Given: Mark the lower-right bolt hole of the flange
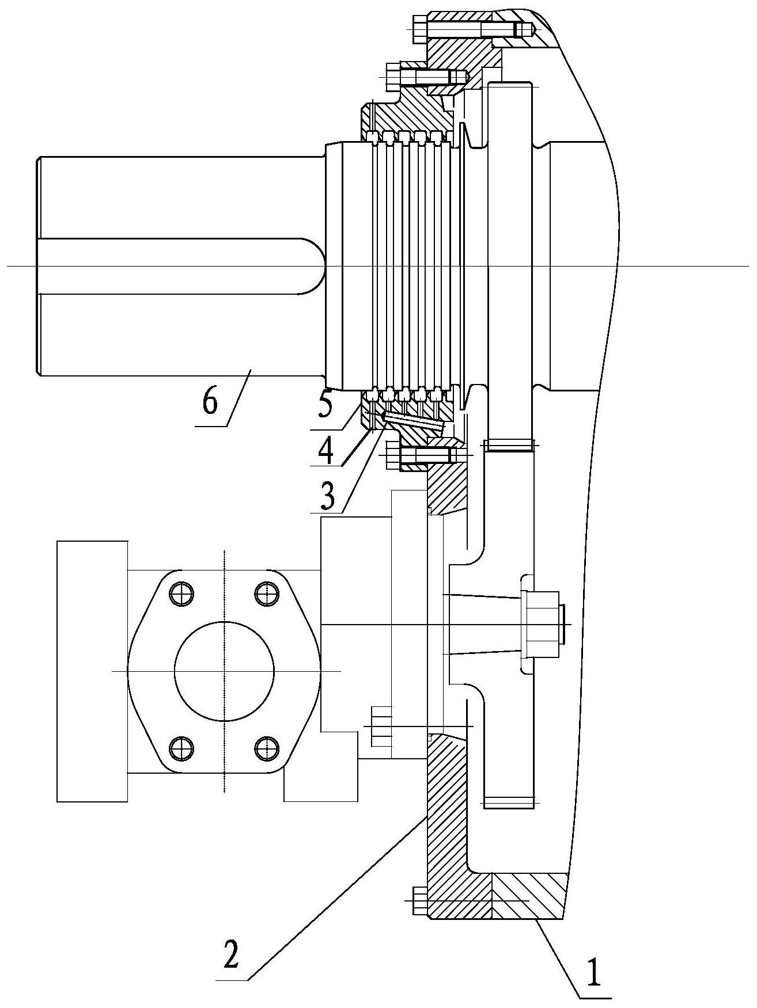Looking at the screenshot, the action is click(x=266, y=747).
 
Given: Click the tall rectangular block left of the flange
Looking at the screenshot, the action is click(x=92, y=671).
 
